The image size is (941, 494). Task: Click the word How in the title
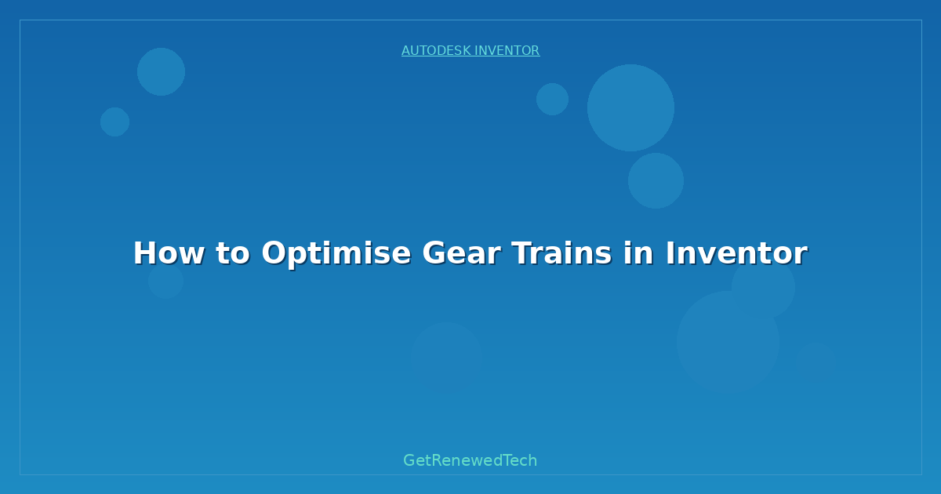pos(169,253)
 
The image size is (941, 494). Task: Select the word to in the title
pos(233,254)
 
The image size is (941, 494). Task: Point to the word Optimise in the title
pos(336,254)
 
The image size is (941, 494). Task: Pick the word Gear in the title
pos(461,253)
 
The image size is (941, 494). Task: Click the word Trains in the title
pos(561,253)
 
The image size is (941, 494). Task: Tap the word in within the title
pos(638,253)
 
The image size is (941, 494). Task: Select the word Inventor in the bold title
pos(736,253)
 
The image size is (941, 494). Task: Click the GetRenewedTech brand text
pos(470,460)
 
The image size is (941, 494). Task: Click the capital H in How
pos(146,253)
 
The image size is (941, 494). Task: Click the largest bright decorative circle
pos(630,108)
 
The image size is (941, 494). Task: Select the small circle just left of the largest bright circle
pos(552,99)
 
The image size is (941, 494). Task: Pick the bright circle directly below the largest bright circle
pos(656,180)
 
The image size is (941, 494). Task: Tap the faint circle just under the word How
pos(166,281)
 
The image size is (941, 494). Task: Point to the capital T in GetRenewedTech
pos(508,460)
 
